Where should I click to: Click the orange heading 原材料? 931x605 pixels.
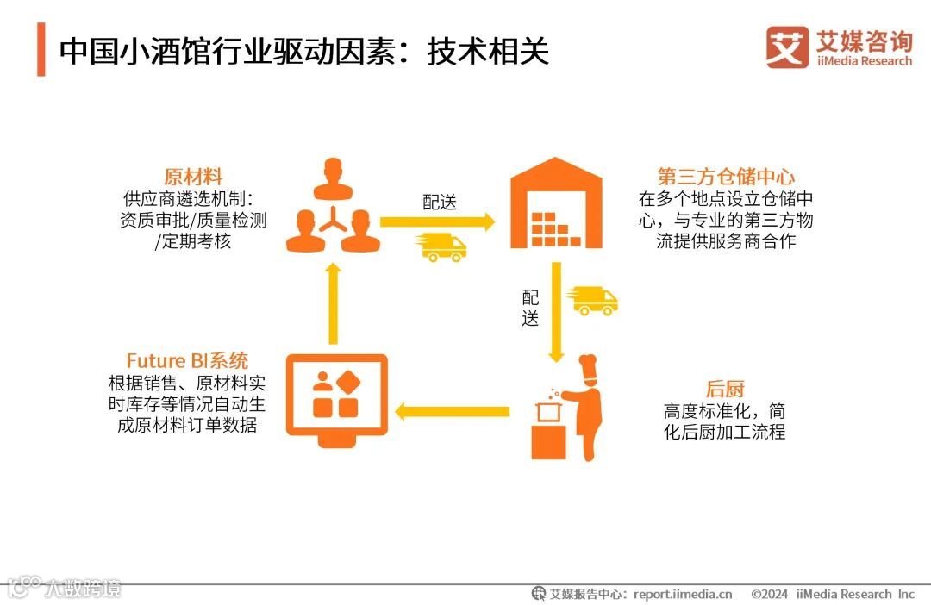192,178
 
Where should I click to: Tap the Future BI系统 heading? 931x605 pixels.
187,360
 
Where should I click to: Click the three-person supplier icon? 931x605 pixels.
333,207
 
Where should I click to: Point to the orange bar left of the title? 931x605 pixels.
41,50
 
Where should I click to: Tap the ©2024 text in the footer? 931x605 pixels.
770,594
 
